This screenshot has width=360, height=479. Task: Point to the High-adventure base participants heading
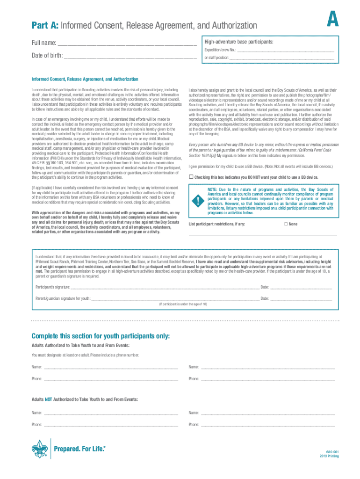[x=238, y=42]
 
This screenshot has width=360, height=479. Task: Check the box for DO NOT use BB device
[x=191, y=177]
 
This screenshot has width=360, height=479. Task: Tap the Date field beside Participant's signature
[x=301, y=287]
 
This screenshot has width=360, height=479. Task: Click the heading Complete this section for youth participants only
[x=101, y=336]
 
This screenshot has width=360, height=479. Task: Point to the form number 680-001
[x=332, y=451]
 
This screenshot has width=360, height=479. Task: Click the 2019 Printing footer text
[x=330, y=456]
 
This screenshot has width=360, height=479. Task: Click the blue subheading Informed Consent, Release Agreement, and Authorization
[x=85, y=79]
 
